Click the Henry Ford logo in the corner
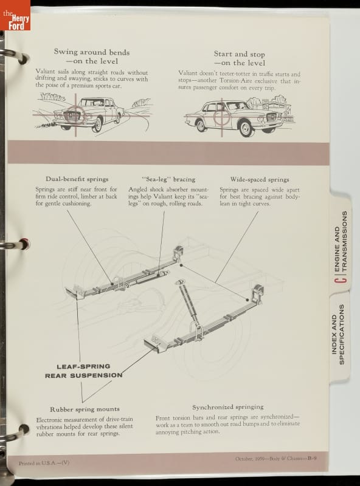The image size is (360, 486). [15, 15]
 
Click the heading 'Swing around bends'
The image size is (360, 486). [92, 52]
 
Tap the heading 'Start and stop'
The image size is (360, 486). [239, 54]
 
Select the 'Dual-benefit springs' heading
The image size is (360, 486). [77, 179]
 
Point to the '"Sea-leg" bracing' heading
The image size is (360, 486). [168, 179]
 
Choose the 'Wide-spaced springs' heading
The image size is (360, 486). [260, 179]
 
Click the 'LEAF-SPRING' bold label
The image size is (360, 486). [83, 366]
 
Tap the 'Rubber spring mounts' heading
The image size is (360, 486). [85, 409]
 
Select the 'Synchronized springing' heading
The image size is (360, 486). [228, 407]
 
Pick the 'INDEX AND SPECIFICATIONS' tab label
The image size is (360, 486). [338, 334]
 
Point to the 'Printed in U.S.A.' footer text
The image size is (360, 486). [44, 463]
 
